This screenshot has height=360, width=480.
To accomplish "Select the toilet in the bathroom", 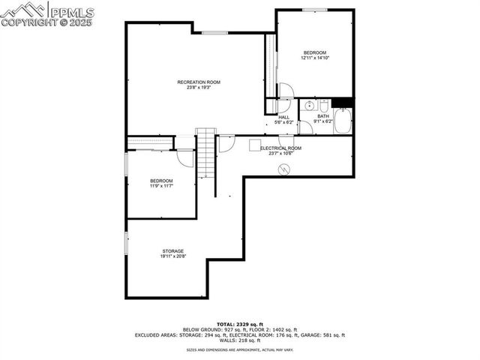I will [x=323, y=106].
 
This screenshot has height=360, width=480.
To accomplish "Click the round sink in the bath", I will [x=309, y=106].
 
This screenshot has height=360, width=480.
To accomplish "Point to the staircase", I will [x=205, y=153].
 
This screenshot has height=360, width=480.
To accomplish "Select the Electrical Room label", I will [x=280, y=148].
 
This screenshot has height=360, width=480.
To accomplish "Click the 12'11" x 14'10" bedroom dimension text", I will [x=315, y=58].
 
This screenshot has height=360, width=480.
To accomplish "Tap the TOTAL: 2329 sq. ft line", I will [x=240, y=322].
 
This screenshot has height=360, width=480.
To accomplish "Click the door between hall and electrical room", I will [x=286, y=140].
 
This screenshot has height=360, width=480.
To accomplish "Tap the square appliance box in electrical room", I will [x=255, y=144].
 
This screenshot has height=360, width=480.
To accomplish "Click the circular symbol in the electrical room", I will [x=283, y=170].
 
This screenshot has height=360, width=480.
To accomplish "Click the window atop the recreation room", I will [x=214, y=32].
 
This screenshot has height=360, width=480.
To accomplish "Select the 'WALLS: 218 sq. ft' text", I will [x=240, y=340].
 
